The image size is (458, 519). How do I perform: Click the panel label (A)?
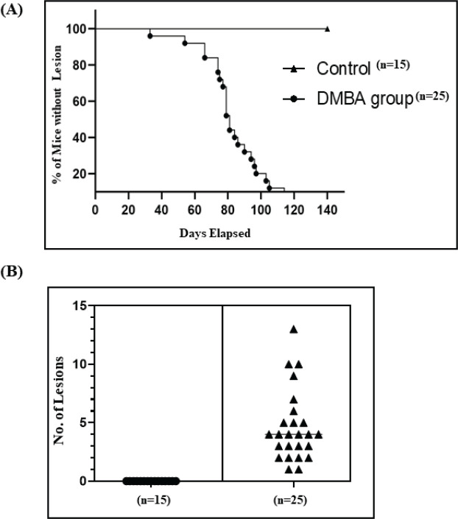click(x=13, y=13)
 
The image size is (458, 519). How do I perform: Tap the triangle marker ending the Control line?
click(x=327, y=29)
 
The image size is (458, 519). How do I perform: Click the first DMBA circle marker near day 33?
click(x=150, y=35)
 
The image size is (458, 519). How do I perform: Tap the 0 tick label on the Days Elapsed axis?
click(x=96, y=208)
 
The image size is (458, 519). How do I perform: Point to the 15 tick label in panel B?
click(x=78, y=306)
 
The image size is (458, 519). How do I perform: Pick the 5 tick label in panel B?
click(x=81, y=423)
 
